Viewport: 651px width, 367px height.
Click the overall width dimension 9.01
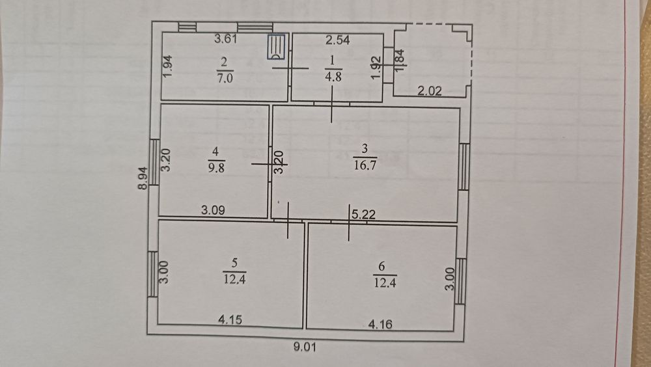(x=304, y=347)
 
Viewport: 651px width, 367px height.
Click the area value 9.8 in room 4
(x=215, y=165)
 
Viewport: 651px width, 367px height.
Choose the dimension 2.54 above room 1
(x=338, y=40)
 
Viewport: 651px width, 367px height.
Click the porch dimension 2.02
(x=430, y=92)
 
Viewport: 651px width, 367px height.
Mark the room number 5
(x=234, y=263)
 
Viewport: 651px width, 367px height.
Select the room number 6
(x=381, y=265)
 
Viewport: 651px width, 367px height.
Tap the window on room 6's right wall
(x=461, y=280)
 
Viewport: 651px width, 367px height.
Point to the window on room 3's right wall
(x=464, y=167)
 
